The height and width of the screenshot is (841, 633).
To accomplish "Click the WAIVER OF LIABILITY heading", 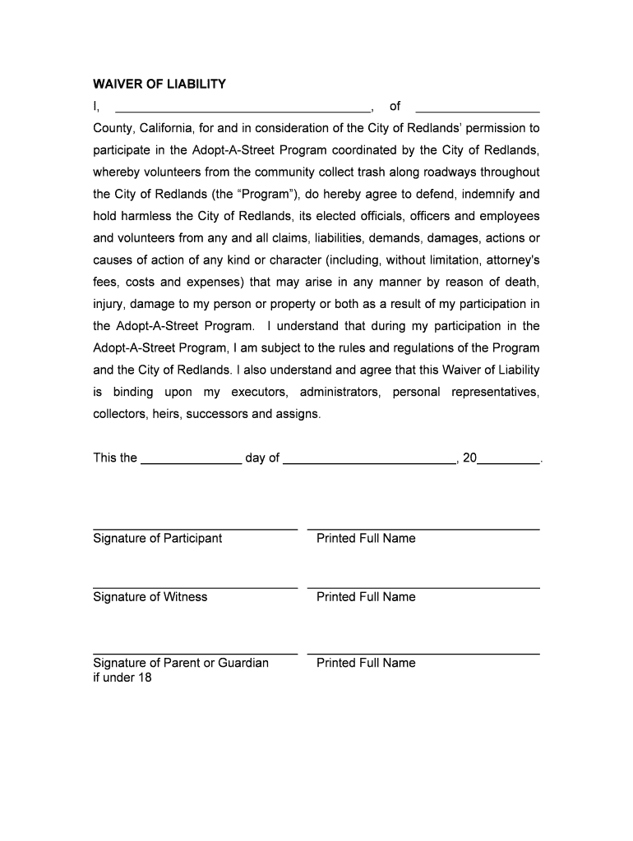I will pyautogui.click(x=159, y=85).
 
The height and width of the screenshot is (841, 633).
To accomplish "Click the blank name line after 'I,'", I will pyautogui.click(x=243, y=109).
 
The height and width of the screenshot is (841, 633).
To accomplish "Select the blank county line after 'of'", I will pyautogui.click(x=478, y=109).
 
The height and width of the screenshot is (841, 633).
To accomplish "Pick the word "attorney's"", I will pyautogui.click(x=511, y=260).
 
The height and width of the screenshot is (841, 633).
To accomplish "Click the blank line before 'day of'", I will pyautogui.click(x=192, y=464).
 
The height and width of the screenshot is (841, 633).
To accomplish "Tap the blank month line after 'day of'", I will pyautogui.click(x=369, y=464).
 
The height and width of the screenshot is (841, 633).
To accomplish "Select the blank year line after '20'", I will pyautogui.click(x=509, y=464).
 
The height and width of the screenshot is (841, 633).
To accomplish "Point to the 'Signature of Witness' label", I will pyautogui.click(x=150, y=597).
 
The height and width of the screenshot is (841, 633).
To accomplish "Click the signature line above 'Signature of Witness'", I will pyautogui.click(x=195, y=588).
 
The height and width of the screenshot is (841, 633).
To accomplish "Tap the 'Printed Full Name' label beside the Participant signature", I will pyautogui.click(x=366, y=539).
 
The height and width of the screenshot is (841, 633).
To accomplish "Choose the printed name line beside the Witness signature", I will pyautogui.click(x=423, y=588).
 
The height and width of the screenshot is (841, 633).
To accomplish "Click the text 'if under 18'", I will pyautogui.click(x=122, y=678).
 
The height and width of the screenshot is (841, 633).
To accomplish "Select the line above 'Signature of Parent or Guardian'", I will pyautogui.click(x=195, y=654).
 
